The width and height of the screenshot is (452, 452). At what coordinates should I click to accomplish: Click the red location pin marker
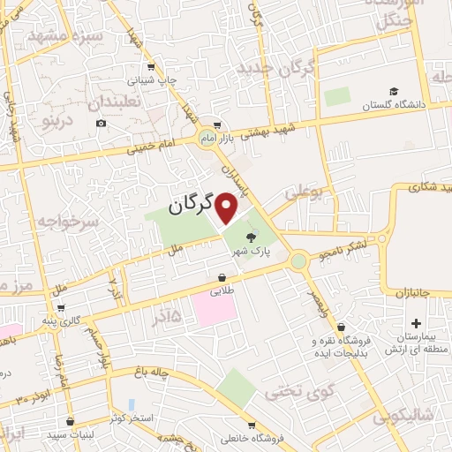(x=227, y=209)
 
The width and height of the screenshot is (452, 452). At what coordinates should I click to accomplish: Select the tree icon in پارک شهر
(x=252, y=237)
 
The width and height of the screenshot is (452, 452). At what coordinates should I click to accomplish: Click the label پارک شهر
(x=250, y=252)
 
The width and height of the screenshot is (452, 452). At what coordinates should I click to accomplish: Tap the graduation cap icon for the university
(x=394, y=92)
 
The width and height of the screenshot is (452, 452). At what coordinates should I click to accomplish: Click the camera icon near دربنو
(x=102, y=123)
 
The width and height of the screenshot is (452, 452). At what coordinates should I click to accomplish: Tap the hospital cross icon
(x=416, y=324)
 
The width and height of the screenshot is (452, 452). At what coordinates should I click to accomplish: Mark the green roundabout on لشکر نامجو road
(x=298, y=260)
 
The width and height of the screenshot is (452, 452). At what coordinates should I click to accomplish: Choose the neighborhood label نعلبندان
(x=115, y=102)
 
